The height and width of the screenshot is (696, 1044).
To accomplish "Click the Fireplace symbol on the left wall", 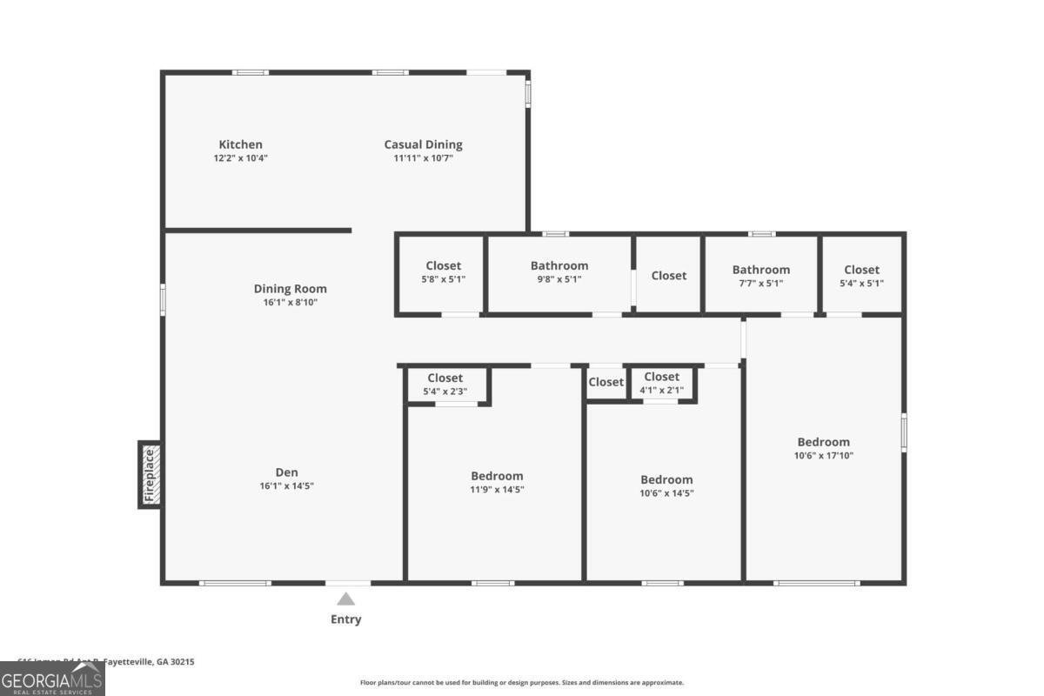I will [x=150, y=474].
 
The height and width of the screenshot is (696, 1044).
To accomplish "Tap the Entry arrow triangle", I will [x=346, y=599].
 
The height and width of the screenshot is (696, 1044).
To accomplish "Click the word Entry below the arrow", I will [x=346, y=619].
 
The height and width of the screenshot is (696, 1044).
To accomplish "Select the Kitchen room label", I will [x=240, y=144].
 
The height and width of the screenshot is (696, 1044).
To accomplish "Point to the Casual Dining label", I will [x=424, y=144].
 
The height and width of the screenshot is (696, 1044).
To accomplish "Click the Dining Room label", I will [x=291, y=289].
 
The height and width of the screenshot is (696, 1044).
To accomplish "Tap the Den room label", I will [x=286, y=472].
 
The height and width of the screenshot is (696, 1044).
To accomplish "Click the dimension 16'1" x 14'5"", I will [x=286, y=486].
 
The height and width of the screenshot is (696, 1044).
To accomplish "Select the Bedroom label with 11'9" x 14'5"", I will [x=497, y=476].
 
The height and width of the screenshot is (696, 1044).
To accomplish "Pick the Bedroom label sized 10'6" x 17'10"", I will [x=824, y=442].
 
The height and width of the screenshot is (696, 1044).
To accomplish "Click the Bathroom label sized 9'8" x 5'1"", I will [x=559, y=265].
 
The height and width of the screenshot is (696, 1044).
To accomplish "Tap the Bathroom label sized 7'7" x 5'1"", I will [x=761, y=270].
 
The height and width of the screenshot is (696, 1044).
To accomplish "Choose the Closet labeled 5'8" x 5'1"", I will [x=444, y=265].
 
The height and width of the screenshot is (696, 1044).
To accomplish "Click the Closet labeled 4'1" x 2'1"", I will [x=661, y=377].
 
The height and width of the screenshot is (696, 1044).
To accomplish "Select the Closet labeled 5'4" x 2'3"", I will [x=445, y=378].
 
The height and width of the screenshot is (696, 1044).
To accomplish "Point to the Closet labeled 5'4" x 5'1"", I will [x=861, y=270].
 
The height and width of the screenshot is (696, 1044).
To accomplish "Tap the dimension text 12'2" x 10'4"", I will [x=240, y=158].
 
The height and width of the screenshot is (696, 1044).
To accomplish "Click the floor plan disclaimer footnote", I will [x=522, y=683].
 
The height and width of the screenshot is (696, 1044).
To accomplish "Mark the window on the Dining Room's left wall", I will [x=163, y=298].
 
